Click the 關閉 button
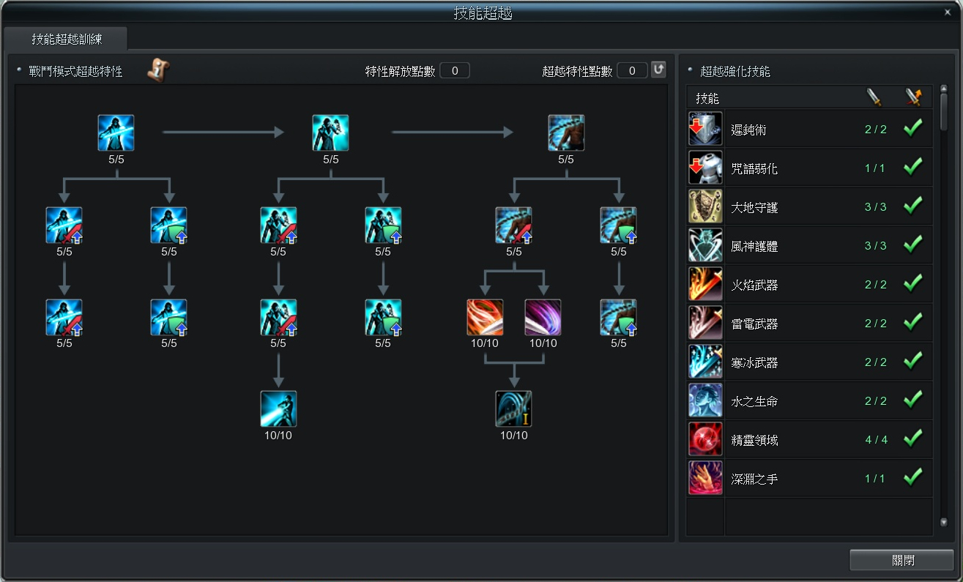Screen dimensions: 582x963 902,561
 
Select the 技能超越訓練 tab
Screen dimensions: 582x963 67,39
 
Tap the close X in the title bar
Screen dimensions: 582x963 947,12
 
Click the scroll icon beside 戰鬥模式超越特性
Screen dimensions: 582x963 157,70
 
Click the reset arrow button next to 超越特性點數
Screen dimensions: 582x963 658,70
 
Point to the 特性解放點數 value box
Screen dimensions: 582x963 455,71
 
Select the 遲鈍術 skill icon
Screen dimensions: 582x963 705,129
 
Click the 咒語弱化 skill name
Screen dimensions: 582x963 754,168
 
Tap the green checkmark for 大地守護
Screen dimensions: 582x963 912,206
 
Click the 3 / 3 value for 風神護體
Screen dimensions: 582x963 875,246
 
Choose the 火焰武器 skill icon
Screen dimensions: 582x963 705,284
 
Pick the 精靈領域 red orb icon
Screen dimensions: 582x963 705,439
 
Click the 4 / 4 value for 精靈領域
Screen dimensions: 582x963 875,440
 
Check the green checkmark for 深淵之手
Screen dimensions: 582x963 912,478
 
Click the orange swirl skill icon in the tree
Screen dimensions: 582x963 485,318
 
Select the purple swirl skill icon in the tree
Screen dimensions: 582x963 543,318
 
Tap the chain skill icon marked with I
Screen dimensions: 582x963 513,408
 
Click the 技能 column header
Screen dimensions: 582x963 707,98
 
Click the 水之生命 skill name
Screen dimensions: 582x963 754,401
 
